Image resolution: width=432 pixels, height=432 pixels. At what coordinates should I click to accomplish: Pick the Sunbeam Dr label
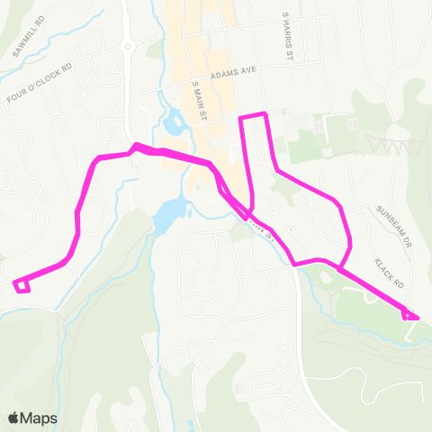[398, 219]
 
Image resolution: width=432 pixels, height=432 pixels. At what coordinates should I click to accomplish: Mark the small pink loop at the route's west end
[22, 286]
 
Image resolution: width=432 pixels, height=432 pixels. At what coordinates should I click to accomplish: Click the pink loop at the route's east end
[410, 314]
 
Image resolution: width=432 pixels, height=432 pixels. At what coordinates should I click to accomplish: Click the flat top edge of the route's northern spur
[252, 115]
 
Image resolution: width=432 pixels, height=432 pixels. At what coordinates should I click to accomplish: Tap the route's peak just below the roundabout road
[135, 145]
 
